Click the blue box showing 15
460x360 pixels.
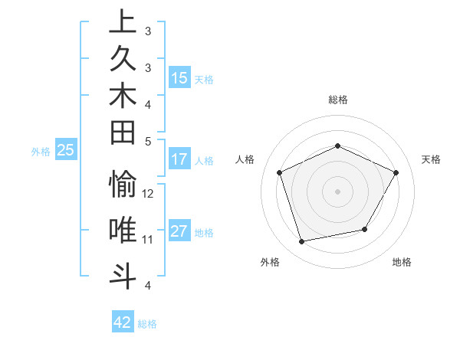179,78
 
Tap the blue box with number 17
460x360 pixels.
179,159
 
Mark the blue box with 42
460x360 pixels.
123,322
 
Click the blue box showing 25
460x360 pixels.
66,151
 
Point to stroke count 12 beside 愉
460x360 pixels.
149,194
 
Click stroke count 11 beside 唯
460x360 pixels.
148,239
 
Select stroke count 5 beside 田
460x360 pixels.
148,142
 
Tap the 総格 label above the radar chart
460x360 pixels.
338,100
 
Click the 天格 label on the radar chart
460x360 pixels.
431,159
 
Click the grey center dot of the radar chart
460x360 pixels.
338,191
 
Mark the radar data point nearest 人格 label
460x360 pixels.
279,172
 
